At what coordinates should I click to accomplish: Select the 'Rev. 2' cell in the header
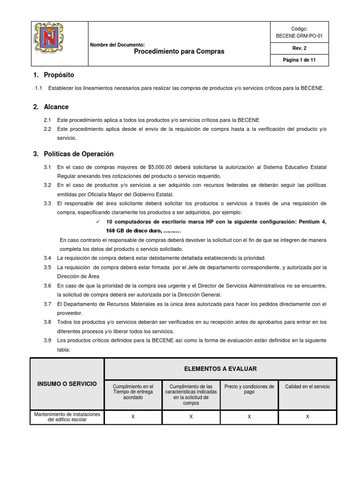pyautogui.click(x=299, y=48)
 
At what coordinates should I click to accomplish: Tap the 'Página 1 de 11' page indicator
pyautogui.click(x=299, y=60)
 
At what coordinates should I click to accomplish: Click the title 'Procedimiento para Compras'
pyautogui.click(x=179, y=52)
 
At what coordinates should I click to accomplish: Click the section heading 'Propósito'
pyautogui.click(x=59, y=75)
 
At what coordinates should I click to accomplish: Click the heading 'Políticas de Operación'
pyautogui.click(x=78, y=154)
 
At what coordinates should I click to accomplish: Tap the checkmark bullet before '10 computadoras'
pyautogui.click(x=97, y=222)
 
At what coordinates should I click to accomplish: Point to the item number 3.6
pyautogui.click(x=47, y=285)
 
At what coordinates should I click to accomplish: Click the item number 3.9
pyautogui.click(x=47, y=340)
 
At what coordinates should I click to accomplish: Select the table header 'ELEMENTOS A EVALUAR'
pyautogui.click(x=220, y=369)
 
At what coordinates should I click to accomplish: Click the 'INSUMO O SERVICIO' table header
pyautogui.click(x=67, y=384)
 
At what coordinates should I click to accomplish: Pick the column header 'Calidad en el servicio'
pyautogui.click(x=307, y=387)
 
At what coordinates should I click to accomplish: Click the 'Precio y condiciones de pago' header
pyautogui.click(x=249, y=390)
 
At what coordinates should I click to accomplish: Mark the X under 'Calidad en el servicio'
pyautogui.click(x=307, y=416)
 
